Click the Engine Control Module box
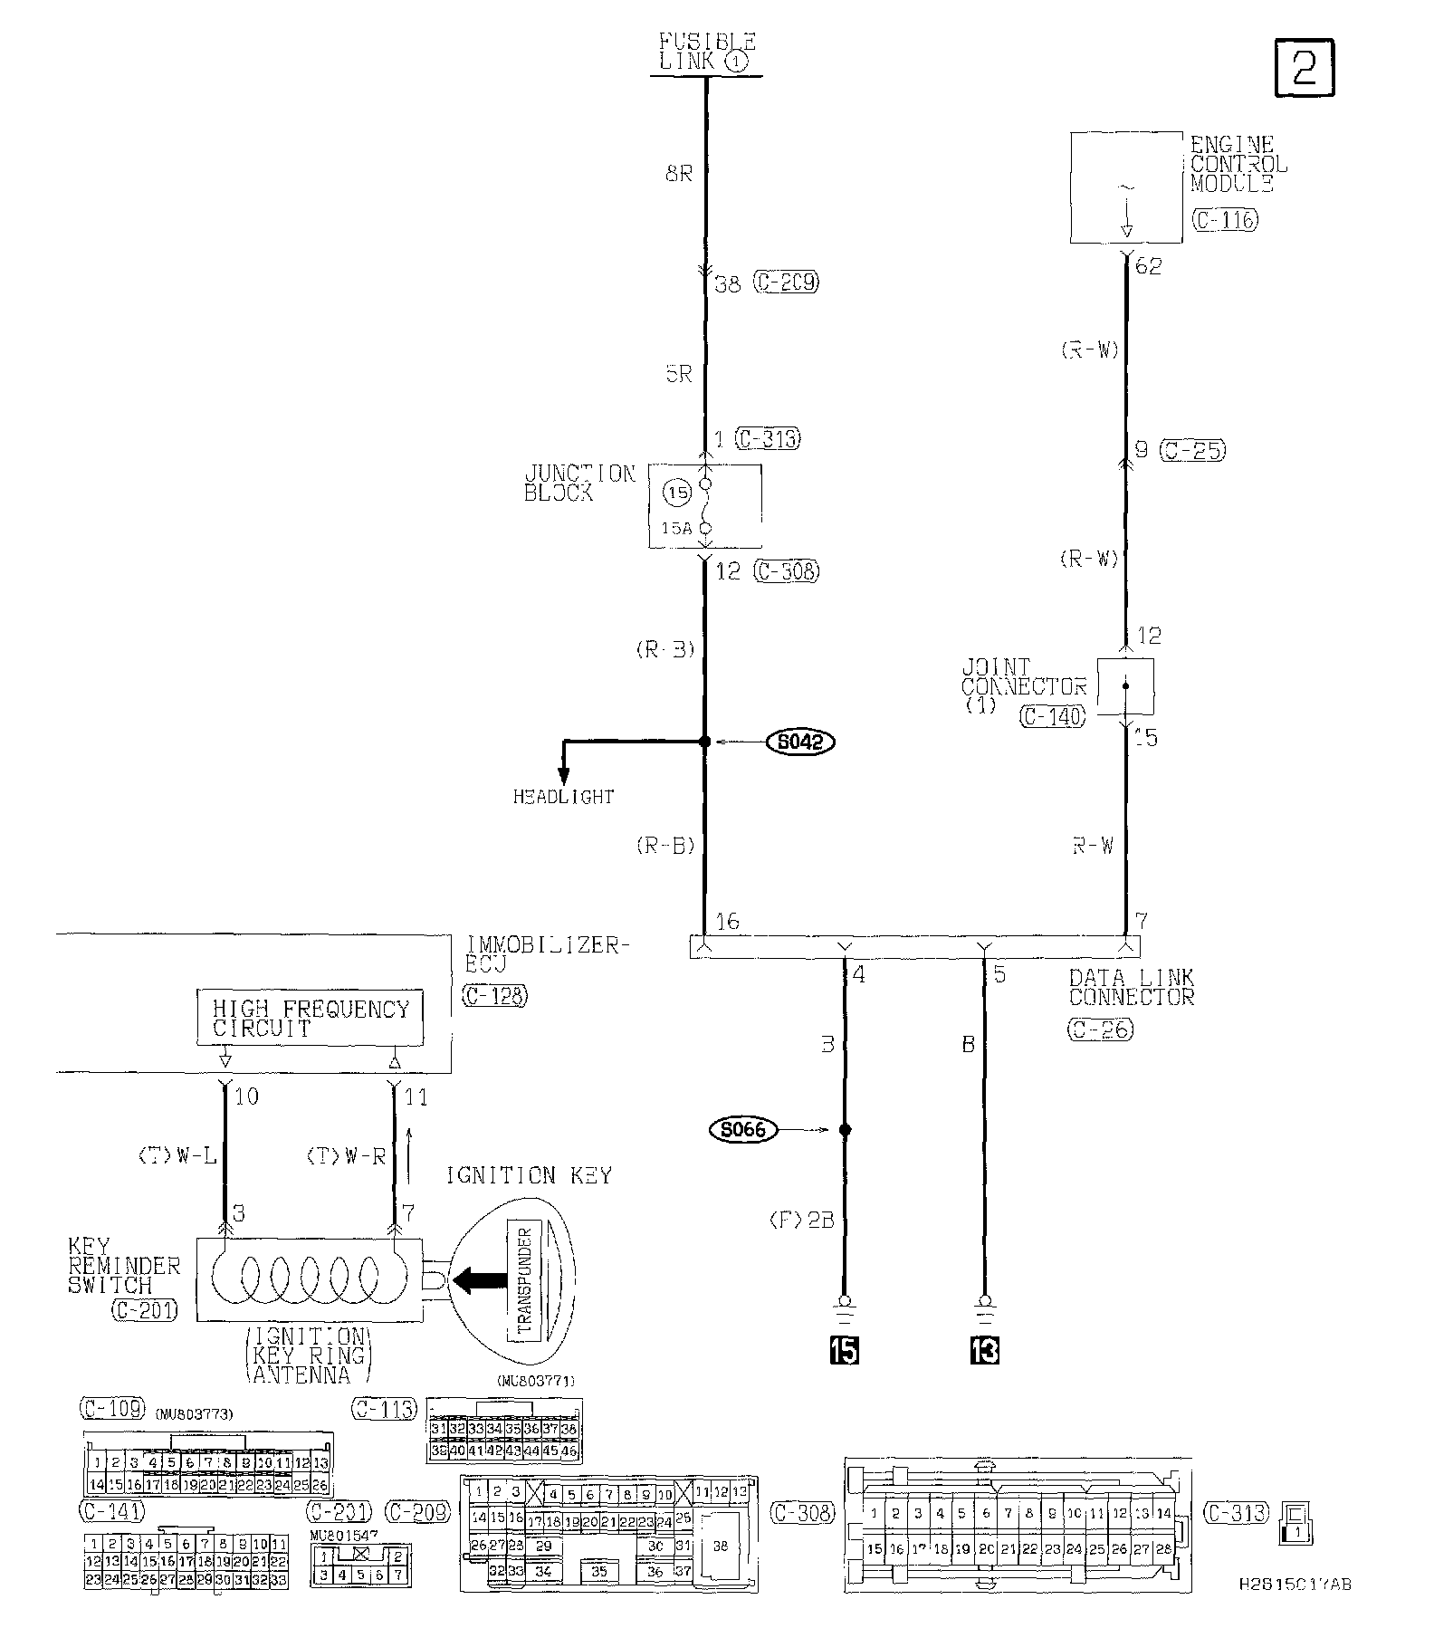(1126, 187)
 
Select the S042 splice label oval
(800, 742)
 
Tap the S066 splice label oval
(743, 1130)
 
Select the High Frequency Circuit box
(311, 1019)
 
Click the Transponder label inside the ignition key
(523, 1279)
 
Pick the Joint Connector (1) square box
(1125, 685)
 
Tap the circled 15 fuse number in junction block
(677, 493)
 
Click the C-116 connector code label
(1225, 220)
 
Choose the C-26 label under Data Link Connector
(1100, 1029)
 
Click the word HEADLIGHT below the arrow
(563, 797)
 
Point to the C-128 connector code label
(494, 995)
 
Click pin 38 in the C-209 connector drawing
(721, 1547)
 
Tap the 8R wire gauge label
(678, 173)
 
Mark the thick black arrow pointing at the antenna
(480, 1279)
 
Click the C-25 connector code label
(1194, 450)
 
